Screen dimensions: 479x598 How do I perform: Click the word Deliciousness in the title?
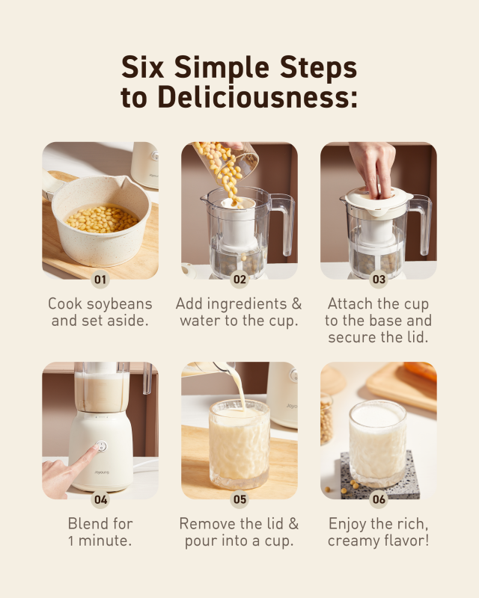pos(257,96)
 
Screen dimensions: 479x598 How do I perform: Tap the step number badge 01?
pos(100,280)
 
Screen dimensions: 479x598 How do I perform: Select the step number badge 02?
pos(239,280)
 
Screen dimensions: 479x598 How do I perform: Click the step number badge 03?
pos(379,280)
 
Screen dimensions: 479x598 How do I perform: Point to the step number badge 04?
pos(100,499)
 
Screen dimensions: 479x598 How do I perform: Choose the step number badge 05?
pos(239,499)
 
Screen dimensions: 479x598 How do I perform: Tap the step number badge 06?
pos(379,499)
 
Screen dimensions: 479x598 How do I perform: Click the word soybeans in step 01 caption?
pos(119,305)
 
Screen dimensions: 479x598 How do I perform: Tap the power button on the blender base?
pos(101,446)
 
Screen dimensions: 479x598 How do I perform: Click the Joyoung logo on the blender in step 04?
pos(102,472)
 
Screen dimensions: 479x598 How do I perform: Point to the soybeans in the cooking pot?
pos(103,219)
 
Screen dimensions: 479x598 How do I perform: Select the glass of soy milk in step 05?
pos(239,443)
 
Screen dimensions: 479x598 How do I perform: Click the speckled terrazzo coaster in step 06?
pos(379,475)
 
